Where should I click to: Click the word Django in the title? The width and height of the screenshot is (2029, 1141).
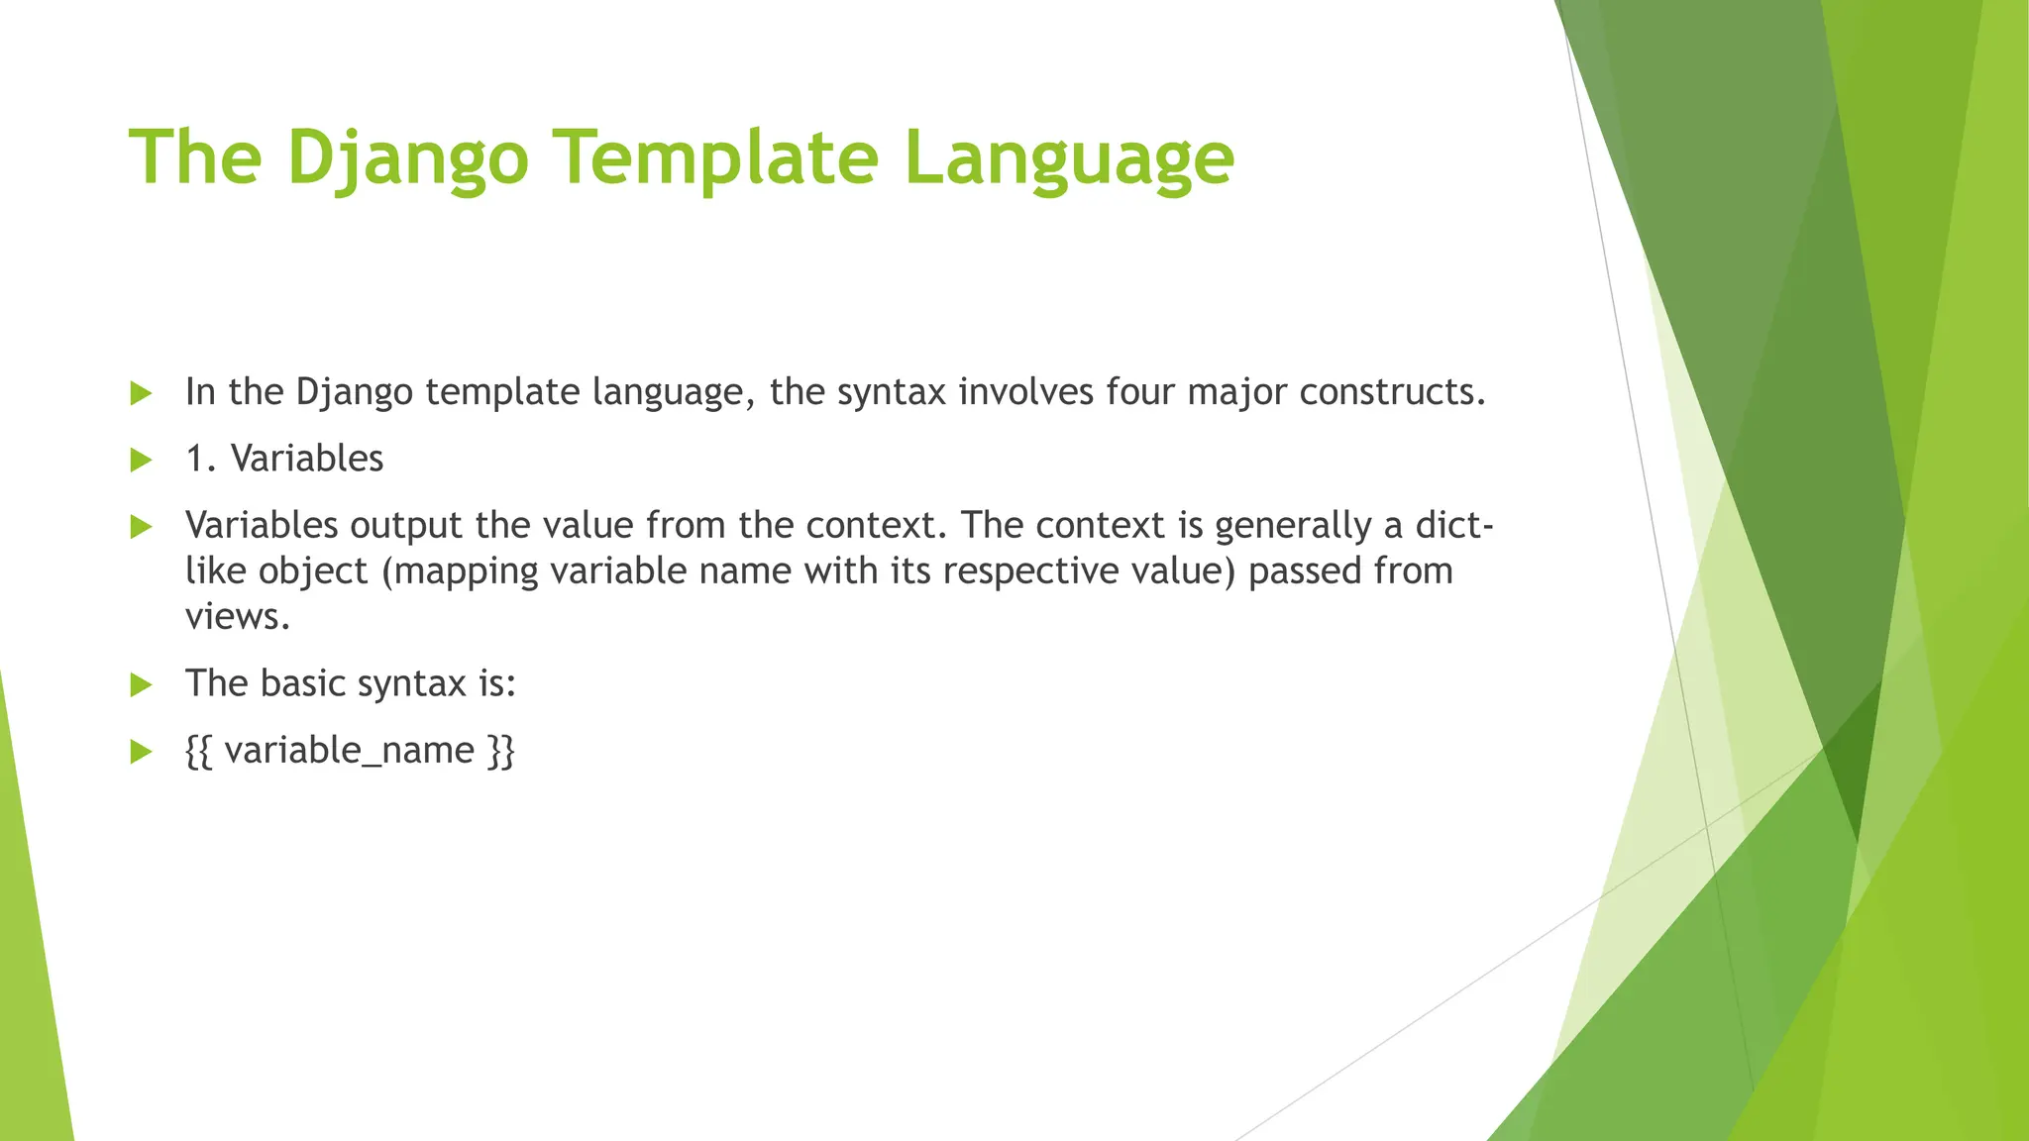(x=407, y=157)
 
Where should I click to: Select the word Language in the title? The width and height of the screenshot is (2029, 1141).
(x=1069, y=157)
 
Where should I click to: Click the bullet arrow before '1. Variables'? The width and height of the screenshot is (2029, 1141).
(x=141, y=460)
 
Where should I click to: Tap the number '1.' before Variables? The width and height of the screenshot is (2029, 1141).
(x=201, y=459)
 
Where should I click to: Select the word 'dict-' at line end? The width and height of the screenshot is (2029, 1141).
(x=1454, y=525)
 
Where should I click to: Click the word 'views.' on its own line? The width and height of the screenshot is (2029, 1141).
(x=238, y=616)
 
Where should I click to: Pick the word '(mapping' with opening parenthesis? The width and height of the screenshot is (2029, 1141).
(x=460, y=571)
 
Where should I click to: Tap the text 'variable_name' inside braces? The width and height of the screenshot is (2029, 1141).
(x=349, y=751)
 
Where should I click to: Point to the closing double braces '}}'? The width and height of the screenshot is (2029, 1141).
(x=501, y=751)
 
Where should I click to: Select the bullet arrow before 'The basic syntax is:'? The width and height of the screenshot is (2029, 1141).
(x=141, y=684)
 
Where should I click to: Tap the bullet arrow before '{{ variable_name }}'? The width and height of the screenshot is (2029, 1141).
(x=141, y=752)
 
